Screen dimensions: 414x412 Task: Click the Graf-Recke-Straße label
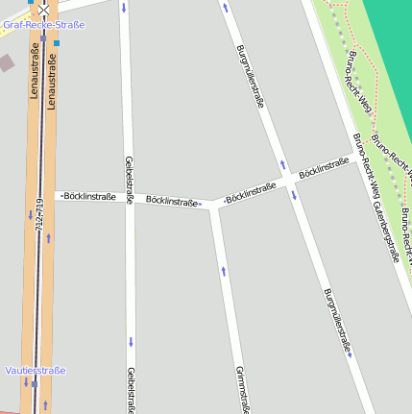(43, 25)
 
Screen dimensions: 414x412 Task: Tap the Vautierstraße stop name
(36, 371)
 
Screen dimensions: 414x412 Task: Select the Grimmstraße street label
(242, 389)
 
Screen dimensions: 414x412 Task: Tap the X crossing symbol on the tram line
(43, 8)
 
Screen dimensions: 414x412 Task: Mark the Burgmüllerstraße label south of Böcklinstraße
(337, 321)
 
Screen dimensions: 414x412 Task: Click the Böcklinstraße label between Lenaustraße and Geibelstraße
(89, 197)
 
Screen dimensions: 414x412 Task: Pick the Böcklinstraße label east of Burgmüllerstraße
(324, 167)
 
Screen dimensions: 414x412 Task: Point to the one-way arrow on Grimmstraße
(224, 271)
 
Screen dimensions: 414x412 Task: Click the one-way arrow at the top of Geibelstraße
(124, 8)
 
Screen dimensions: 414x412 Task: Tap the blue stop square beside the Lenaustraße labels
(57, 43)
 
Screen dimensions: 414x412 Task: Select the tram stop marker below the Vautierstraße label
(34, 384)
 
